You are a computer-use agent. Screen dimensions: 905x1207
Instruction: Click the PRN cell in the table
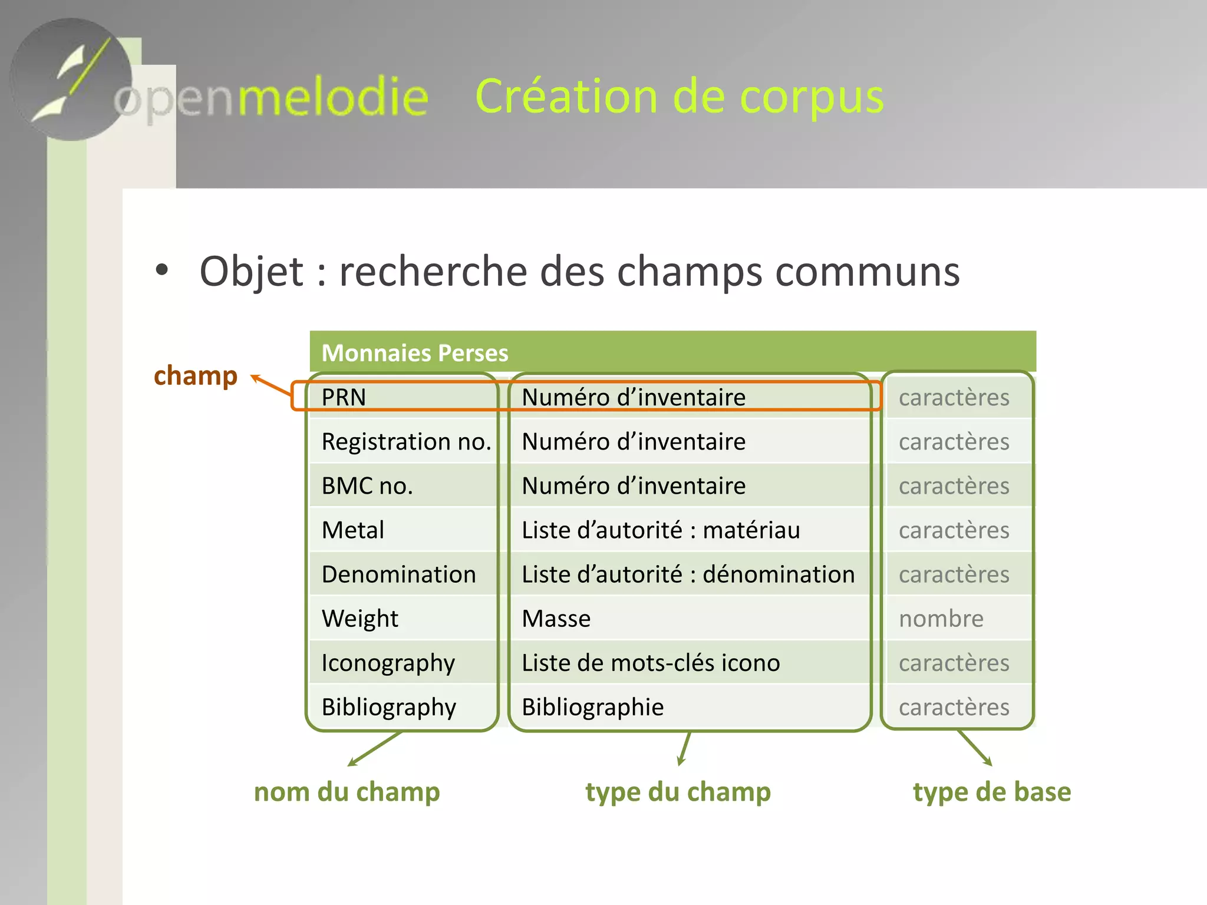click(344, 397)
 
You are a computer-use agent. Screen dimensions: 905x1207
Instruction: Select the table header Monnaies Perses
click(415, 353)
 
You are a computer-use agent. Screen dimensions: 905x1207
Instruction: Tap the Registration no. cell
click(406, 441)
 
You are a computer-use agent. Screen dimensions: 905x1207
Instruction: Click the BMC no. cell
click(367, 485)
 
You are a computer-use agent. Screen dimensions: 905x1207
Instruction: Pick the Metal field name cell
click(353, 530)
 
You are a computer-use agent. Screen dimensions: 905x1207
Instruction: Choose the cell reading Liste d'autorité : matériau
click(661, 530)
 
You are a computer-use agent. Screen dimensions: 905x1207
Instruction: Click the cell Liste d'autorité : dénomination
click(688, 574)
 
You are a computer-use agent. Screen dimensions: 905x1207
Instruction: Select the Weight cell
click(360, 618)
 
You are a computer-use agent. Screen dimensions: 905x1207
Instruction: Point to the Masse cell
click(556, 618)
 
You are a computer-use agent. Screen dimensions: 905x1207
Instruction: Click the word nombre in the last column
click(941, 618)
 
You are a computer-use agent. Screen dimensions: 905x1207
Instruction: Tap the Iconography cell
click(388, 663)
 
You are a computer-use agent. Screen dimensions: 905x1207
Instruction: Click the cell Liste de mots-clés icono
click(651, 663)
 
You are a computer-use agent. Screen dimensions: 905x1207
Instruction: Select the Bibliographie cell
click(593, 706)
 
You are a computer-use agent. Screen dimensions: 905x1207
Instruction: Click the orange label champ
click(196, 375)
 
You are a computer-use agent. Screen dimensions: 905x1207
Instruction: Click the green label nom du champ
click(347, 791)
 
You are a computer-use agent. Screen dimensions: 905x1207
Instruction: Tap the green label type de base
click(992, 791)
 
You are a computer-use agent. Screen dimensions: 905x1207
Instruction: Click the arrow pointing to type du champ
click(684, 748)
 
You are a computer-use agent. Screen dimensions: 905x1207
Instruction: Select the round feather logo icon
click(71, 80)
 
